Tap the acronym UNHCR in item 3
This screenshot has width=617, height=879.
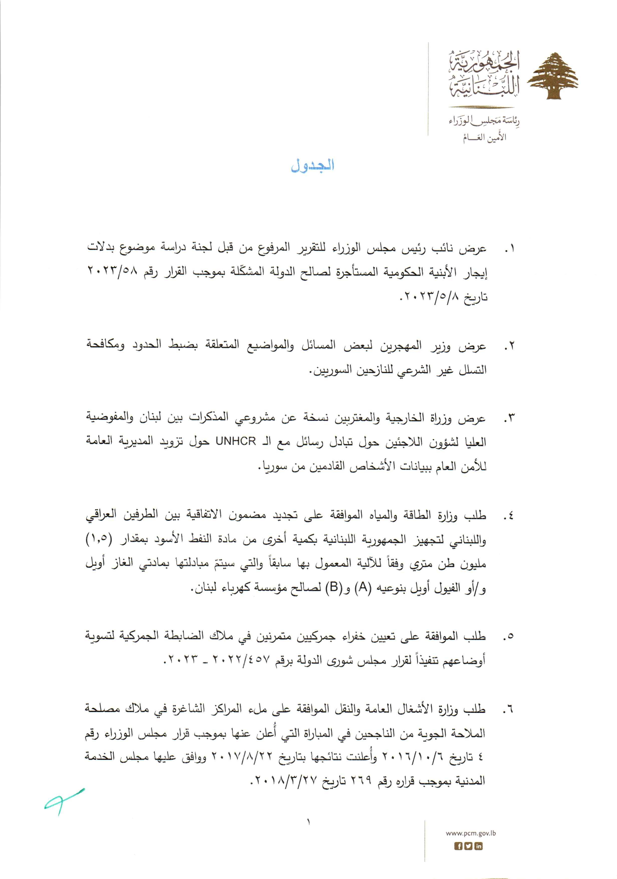[236, 441]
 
